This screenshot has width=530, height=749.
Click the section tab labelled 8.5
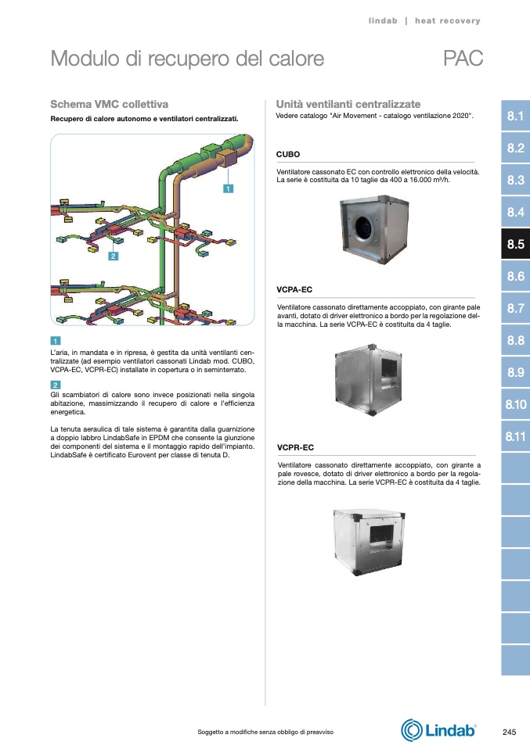[x=515, y=245]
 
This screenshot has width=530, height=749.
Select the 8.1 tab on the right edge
[x=515, y=116]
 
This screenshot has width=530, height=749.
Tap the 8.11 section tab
[x=515, y=436]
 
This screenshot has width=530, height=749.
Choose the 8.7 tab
[x=515, y=309]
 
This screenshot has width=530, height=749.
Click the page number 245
[x=509, y=732]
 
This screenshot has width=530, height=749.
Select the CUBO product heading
[x=288, y=155]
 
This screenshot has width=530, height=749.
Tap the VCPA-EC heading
[x=295, y=290]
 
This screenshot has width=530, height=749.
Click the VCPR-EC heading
[x=295, y=447]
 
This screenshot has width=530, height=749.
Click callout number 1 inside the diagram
[x=227, y=188]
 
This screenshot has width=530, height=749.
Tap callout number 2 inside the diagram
[x=113, y=256]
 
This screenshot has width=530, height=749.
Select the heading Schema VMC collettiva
[x=109, y=104]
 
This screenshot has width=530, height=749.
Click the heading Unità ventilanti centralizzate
[x=348, y=104]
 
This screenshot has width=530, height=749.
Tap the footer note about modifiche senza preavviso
[x=265, y=732]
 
